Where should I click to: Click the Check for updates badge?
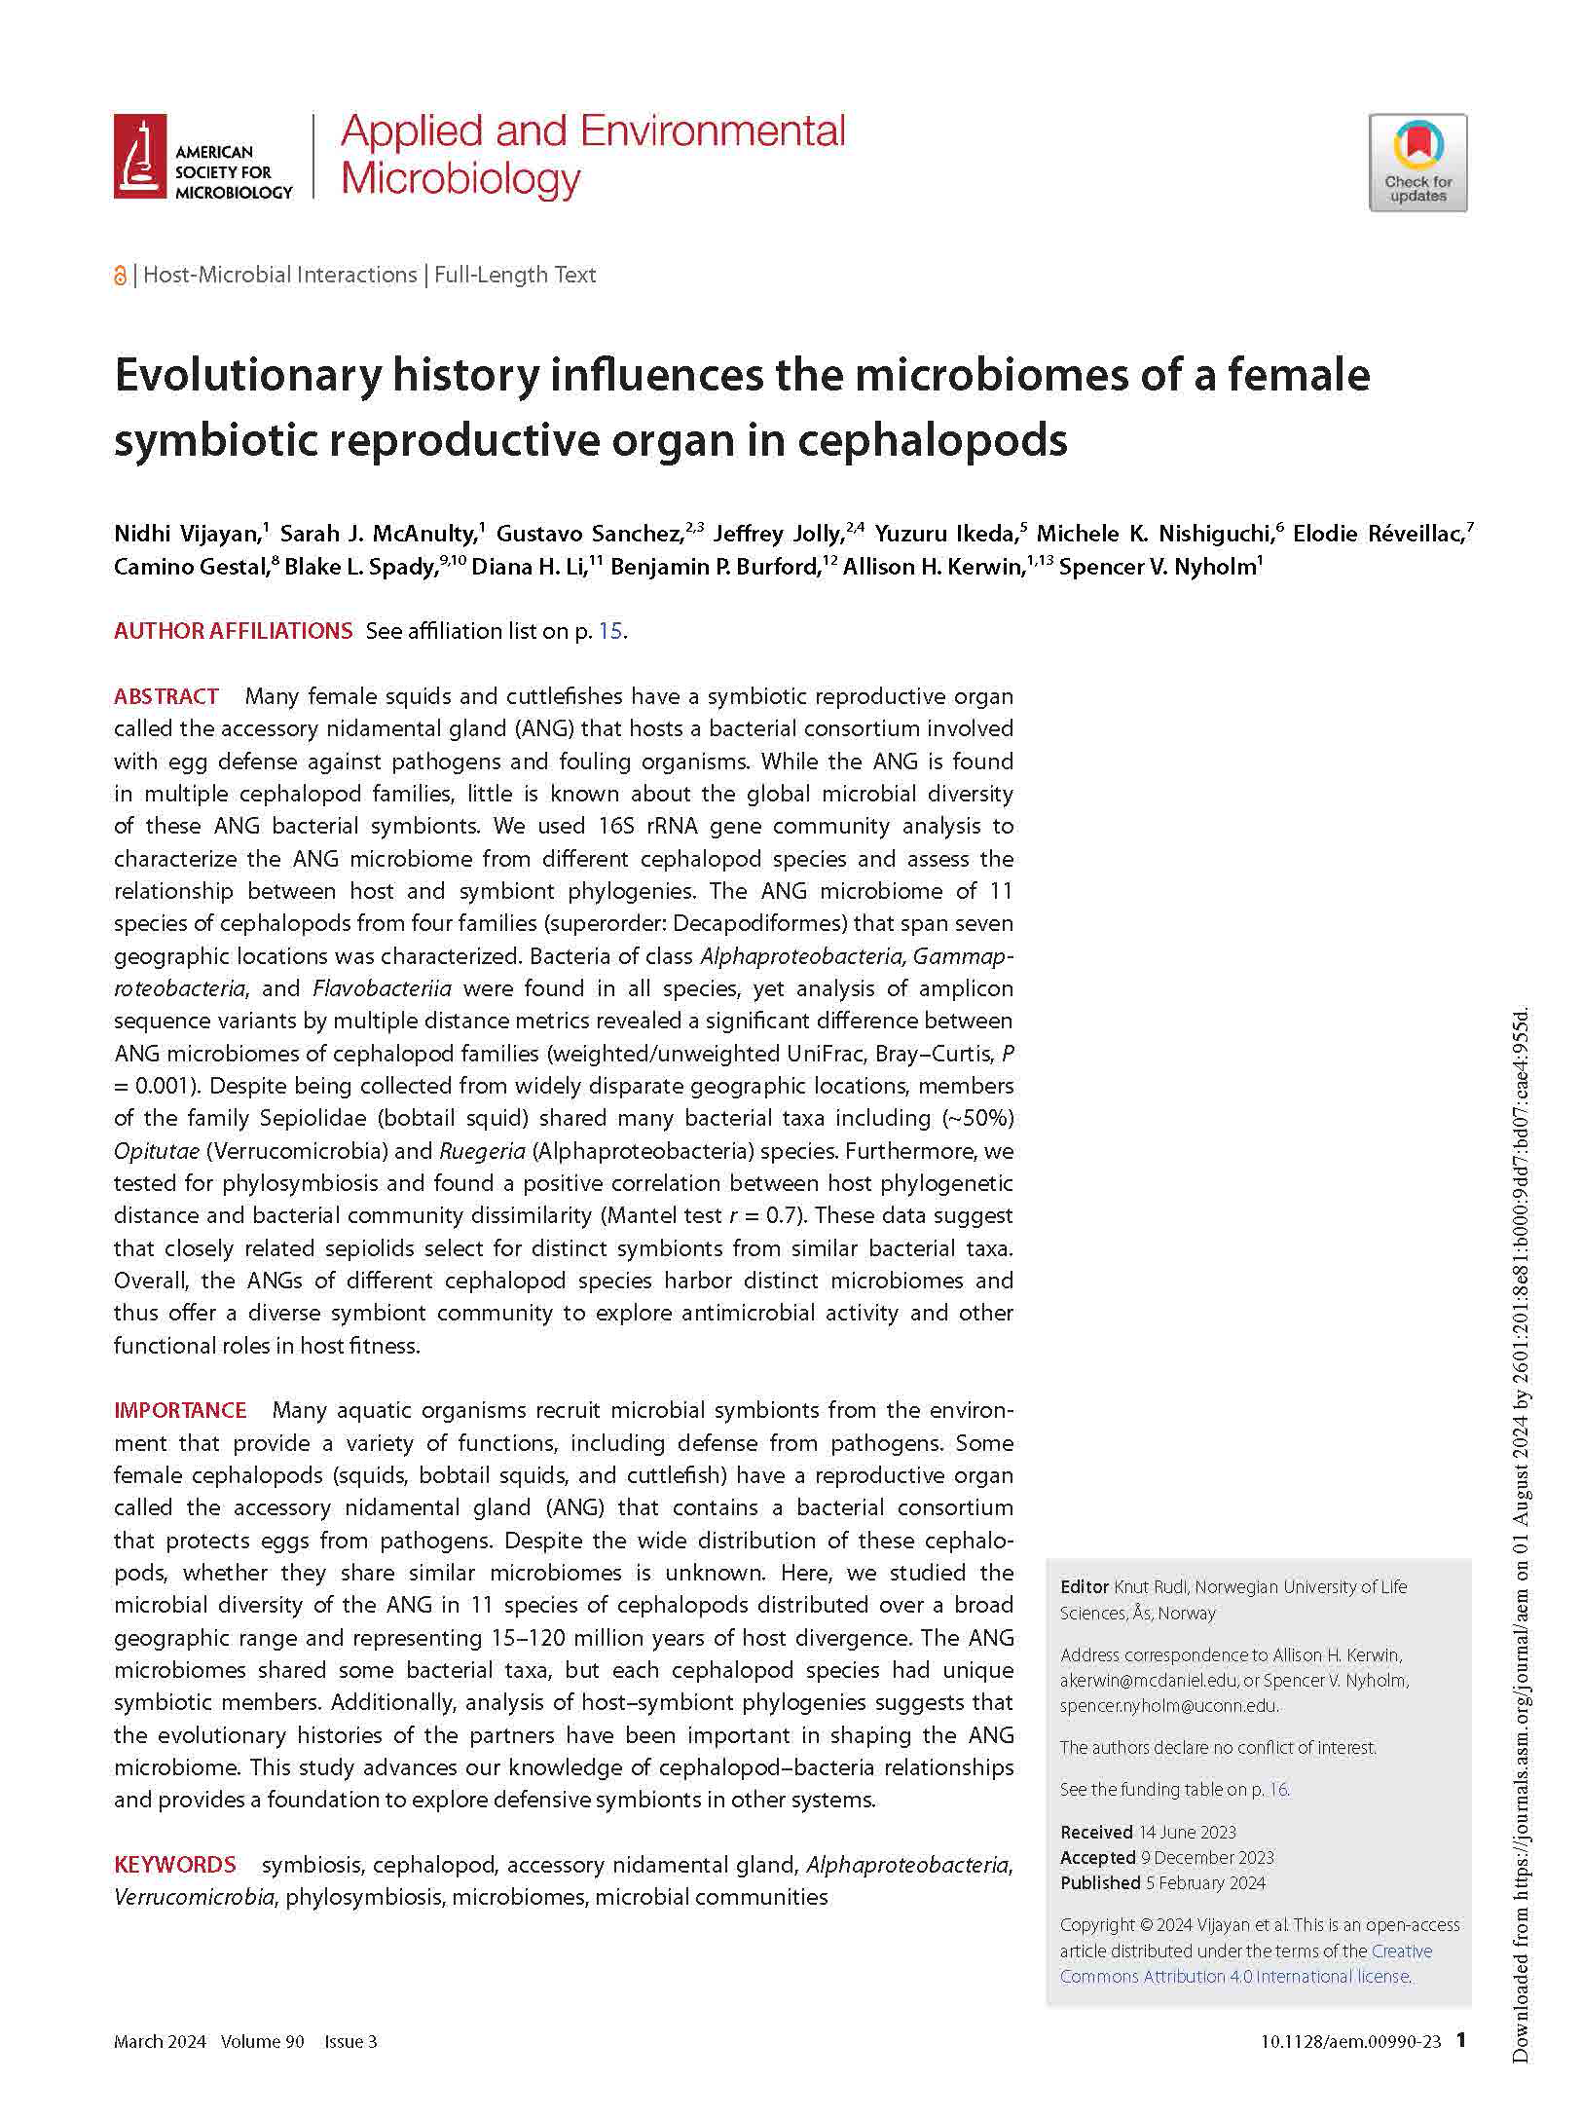click(x=1416, y=163)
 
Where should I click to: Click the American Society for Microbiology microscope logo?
click(x=139, y=156)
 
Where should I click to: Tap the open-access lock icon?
click(x=120, y=276)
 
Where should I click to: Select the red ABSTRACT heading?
click(x=166, y=696)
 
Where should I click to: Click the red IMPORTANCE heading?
click(x=180, y=1410)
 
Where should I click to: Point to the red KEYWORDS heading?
click(x=175, y=1865)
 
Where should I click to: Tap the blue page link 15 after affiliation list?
click(x=609, y=631)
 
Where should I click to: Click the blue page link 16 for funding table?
click(x=1278, y=1789)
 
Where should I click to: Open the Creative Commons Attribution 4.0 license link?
click(x=1234, y=1976)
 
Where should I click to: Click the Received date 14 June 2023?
click(x=1187, y=1832)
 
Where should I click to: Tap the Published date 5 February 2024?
click(x=1205, y=1882)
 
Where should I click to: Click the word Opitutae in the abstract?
click(x=157, y=1151)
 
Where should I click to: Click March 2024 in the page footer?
click(x=160, y=2041)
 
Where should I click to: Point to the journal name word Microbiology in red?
click(x=460, y=179)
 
